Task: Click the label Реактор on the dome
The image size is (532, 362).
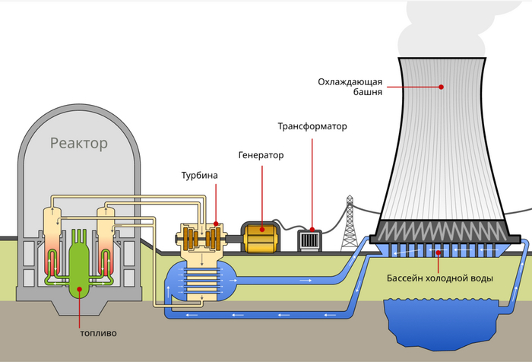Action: (79, 142)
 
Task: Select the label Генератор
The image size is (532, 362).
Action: (260, 155)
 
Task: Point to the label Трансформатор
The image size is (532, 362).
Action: (312, 126)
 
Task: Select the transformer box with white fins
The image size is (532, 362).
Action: (310, 240)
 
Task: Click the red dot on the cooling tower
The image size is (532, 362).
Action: (442, 87)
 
